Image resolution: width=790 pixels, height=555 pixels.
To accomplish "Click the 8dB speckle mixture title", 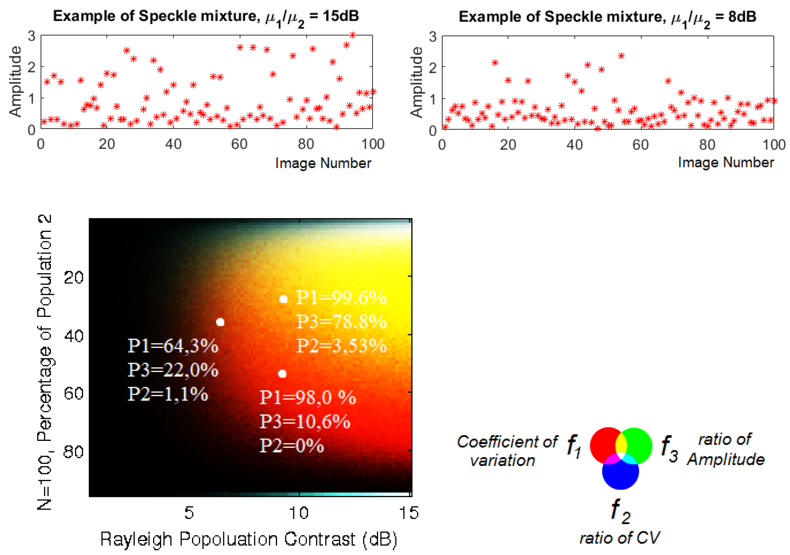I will pyautogui.click(x=607, y=17).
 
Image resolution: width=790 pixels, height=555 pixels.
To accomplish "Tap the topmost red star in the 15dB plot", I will pyautogui.click(x=352, y=35).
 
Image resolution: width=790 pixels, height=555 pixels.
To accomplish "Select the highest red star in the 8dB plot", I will pyautogui.click(x=621, y=56).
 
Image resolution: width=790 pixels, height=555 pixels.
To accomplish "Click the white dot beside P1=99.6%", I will pyautogui.click(x=283, y=299).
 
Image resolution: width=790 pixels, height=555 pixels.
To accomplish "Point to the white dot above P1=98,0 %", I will pyautogui.click(x=282, y=374).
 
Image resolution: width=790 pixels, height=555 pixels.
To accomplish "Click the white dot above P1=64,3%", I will pyautogui.click(x=220, y=322).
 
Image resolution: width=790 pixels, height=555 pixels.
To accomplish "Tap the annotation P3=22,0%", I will pyautogui.click(x=173, y=370).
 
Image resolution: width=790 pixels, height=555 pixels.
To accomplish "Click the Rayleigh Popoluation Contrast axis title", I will pyautogui.click(x=248, y=539).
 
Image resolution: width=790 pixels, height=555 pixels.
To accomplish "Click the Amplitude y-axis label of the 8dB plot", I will pyautogui.click(x=417, y=82).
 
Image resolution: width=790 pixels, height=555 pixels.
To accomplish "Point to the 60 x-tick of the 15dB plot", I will pyautogui.click(x=239, y=144).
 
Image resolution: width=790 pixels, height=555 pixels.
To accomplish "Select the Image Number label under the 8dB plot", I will pyautogui.click(x=726, y=163).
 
